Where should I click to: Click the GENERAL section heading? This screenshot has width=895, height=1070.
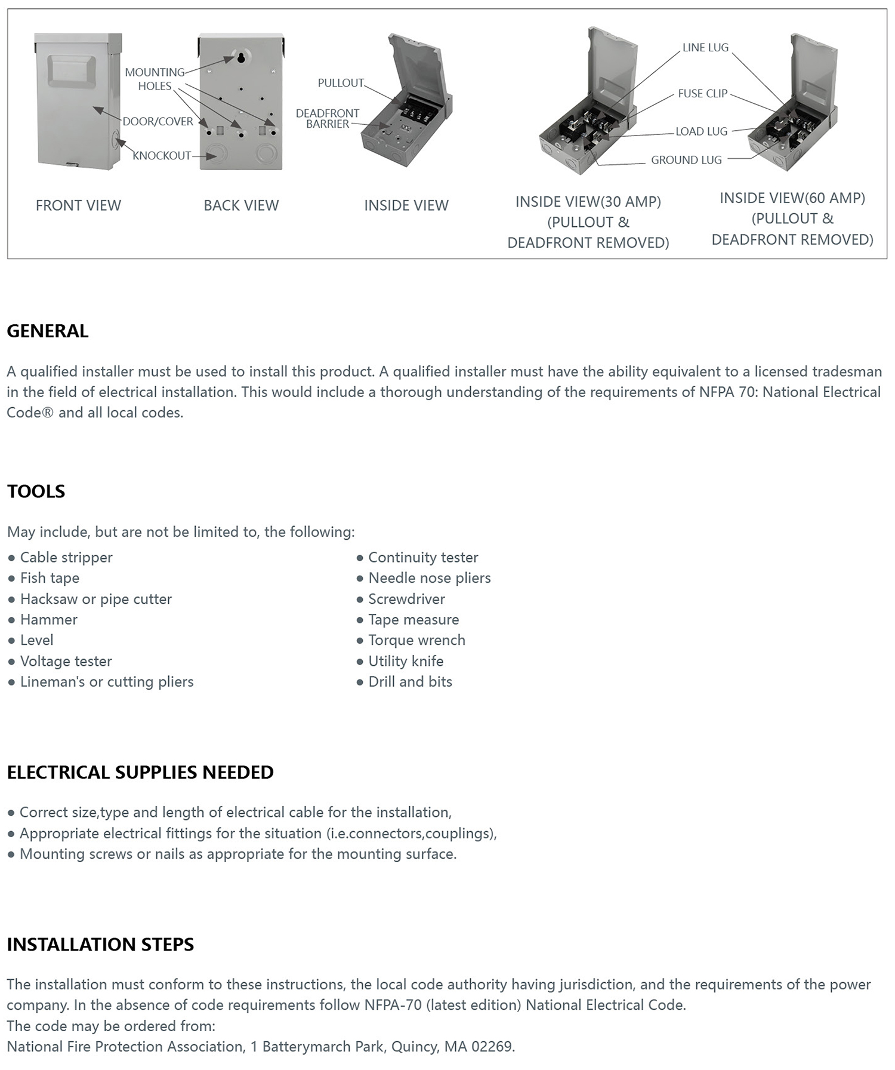click(48, 331)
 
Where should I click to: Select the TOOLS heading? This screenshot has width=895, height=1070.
click(36, 491)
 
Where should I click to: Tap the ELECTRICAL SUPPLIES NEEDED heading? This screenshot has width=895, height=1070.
click(140, 772)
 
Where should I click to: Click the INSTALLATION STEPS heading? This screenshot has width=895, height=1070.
click(100, 944)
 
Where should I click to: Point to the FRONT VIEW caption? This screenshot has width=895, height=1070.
click(78, 205)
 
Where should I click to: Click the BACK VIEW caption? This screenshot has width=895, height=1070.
click(241, 205)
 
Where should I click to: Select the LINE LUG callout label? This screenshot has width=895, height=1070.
click(705, 48)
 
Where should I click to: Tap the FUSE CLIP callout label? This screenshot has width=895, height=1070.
click(702, 94)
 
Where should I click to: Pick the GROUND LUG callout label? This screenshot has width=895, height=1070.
click(686, 160)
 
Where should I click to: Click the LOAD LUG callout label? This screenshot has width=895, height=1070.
click(701, 132)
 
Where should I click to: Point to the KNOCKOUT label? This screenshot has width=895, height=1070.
click(162, 156)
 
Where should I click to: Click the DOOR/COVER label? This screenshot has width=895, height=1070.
click(158, 122)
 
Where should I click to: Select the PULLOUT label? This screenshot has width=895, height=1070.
click(341, 83)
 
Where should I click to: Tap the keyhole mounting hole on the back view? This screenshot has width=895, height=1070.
click(241, 59)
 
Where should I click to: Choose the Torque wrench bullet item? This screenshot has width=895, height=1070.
click(416, 640)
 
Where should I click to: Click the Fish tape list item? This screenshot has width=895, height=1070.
click(50, 578)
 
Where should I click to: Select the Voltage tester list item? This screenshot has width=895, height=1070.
click(66, 661)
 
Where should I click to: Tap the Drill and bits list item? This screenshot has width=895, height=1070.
click(410, 682)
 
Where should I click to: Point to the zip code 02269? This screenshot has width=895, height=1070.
click(492, 1047)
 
